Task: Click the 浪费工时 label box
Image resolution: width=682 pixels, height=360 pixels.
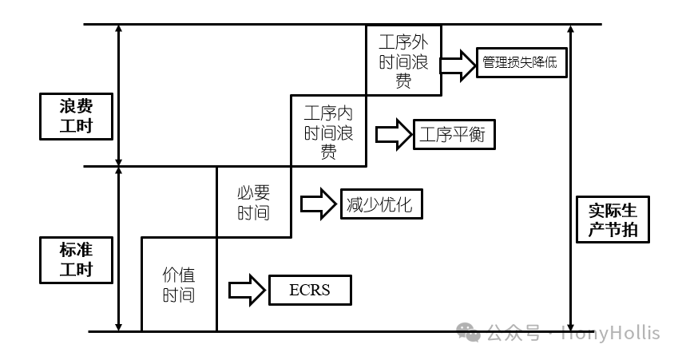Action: coord(76,116)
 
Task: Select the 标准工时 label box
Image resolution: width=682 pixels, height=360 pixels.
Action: coord(76,259)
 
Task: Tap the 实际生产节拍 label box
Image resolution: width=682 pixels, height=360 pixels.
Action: coord(613,220)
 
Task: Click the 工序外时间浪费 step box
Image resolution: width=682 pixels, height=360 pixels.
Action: coord(404,61)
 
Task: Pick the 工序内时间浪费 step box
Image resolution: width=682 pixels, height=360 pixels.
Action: coord(328,132)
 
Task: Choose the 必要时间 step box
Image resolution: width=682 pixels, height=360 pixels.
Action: coord(253,202)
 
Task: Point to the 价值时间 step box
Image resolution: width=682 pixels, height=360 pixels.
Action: coord(179,284)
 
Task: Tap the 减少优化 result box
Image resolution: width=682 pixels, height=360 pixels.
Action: coord(380,204)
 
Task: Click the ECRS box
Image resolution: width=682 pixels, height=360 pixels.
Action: coord(309,290)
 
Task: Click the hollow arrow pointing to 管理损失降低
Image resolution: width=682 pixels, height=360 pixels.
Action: coord(458,64)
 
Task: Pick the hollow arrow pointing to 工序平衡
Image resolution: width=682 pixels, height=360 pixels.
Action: coord(392,134)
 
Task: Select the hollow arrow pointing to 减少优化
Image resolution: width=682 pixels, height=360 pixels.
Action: coord(318,204)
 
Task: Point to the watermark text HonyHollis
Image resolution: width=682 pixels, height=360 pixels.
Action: coord(612,333)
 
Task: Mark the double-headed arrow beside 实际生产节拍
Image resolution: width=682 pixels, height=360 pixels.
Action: coord(570,176)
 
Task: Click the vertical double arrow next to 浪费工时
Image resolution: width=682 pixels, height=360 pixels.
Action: coord(118,95)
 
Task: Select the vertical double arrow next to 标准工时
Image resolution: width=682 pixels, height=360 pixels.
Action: coord(118,248)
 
